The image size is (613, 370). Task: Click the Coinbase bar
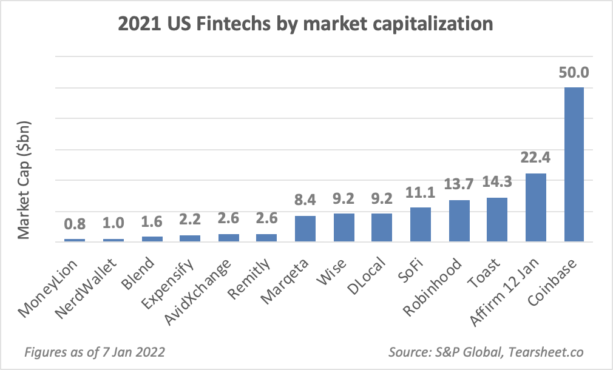(574, 164)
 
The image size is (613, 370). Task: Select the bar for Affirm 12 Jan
(535, 207)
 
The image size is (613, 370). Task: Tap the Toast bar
(496, 220)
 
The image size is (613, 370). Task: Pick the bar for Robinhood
(459, 221)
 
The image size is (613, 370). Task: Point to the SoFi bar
(421, 224)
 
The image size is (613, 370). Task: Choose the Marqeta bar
(305, 229)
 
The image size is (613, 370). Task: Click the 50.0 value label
(574, 73)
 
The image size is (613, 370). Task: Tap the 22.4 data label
(535, 158)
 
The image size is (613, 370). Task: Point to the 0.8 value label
(75, 224)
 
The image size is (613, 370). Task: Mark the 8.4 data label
(305, 201)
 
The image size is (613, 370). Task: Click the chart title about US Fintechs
(306, 24)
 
